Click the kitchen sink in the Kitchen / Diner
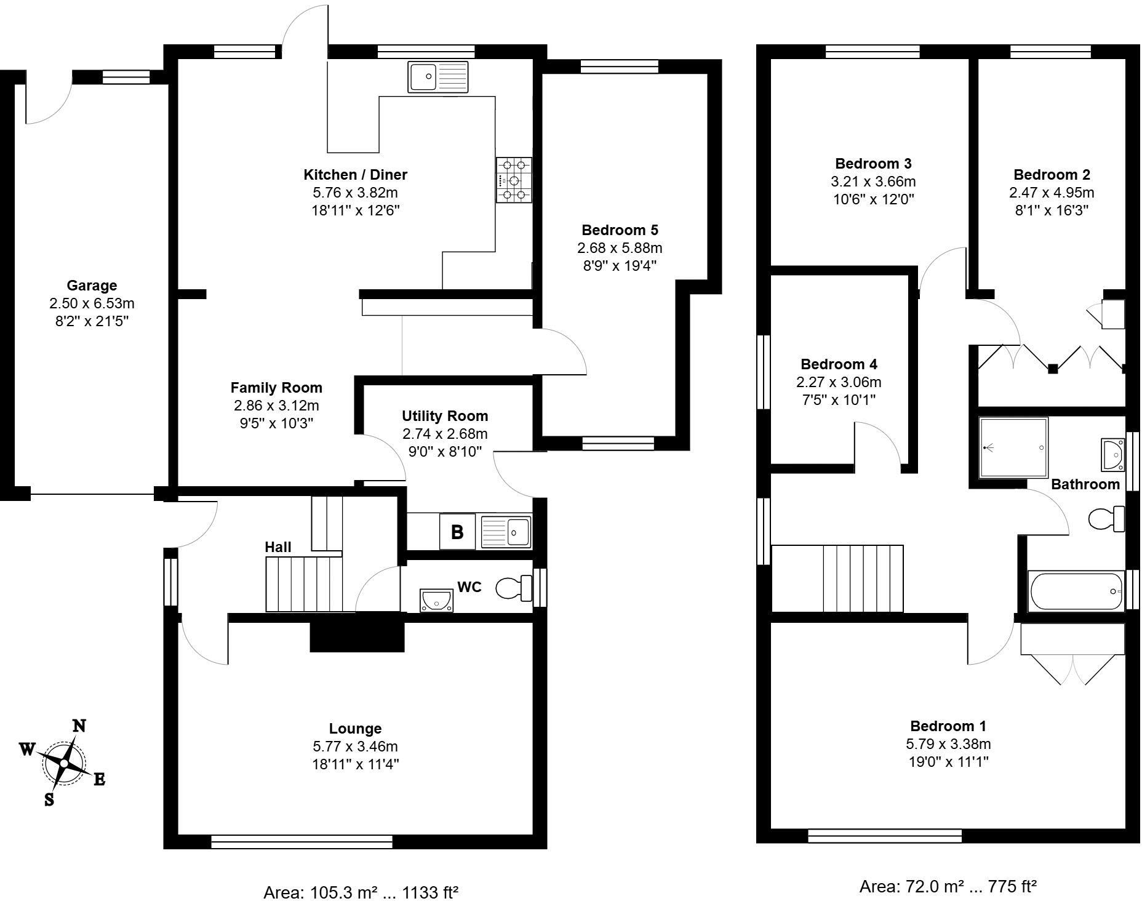point(437,77)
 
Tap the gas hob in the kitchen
point(514,180)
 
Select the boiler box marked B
point(457,532)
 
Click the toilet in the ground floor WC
point(514,588)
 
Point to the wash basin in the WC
point(437,599)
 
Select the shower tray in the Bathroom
point(1013,448)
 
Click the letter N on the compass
point(79,726)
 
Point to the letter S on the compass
point(49,799)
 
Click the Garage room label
point(92,286)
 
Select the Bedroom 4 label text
point(839,364)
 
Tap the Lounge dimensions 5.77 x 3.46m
point(355,747)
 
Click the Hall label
point(278,547)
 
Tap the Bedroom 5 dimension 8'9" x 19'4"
point(620,266)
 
